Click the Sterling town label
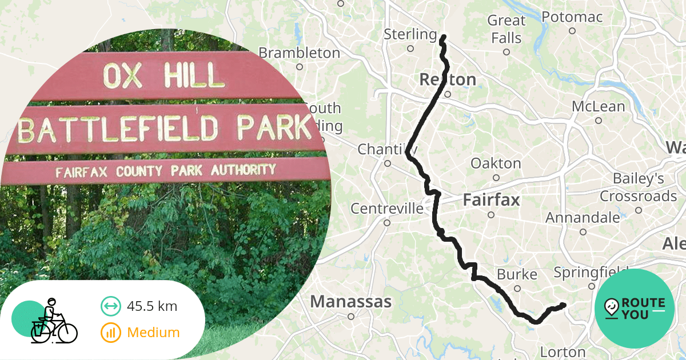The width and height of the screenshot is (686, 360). click(410, 34)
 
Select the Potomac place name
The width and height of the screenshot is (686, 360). click(572, 17)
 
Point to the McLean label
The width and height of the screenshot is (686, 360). click(599, 107)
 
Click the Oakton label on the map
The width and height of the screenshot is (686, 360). click(496, 164)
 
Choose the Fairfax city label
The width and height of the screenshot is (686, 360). click(491, 201)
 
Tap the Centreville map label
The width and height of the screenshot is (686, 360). click(387, 209)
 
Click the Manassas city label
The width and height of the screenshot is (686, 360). click(351, 302)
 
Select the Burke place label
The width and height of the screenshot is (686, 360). click(517, 275)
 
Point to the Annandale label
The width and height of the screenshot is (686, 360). click(583, 218)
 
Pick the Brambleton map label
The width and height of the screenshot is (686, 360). click(299, 53)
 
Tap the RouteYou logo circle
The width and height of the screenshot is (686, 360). click(635, 309)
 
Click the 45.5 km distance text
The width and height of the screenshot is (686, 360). click(152, 306)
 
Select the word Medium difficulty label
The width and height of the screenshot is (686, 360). click(153, 333)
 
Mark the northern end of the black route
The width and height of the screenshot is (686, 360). click(443, 38)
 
